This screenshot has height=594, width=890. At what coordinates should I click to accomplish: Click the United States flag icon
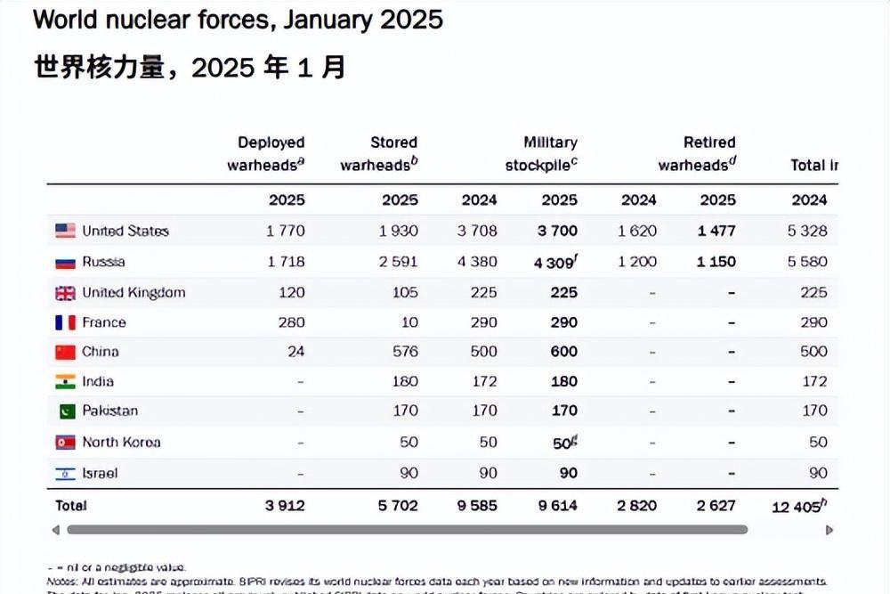point(65,231)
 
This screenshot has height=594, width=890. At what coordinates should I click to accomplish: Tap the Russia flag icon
point(65,262)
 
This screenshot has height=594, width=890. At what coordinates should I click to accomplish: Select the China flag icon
point(65,352)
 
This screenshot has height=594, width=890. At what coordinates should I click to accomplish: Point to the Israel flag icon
point(65,474)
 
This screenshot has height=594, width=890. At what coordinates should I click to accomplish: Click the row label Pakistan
point(109,411)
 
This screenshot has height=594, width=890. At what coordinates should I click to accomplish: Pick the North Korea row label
point(121,443)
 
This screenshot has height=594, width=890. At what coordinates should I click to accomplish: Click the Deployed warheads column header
point(266,153)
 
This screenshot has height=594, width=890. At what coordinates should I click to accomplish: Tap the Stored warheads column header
point(379,153)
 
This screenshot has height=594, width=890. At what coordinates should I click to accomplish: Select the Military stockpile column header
point(542,153)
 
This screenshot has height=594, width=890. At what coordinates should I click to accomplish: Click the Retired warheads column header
point(698,153)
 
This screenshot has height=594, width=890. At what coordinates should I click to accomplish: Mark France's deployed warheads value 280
point(290,322)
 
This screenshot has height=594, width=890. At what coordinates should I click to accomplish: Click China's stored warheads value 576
point(404,352)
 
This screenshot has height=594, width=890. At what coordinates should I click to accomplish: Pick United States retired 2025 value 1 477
point(716,231)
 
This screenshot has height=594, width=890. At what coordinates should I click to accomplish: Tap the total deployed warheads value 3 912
point(285,506)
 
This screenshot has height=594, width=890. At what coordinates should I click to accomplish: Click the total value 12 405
point(794,506)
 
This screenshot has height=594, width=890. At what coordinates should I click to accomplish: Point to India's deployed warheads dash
point(301,382)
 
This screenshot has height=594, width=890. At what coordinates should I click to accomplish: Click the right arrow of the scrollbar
point(829,530)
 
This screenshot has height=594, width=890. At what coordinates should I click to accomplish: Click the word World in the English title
point(65,20)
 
